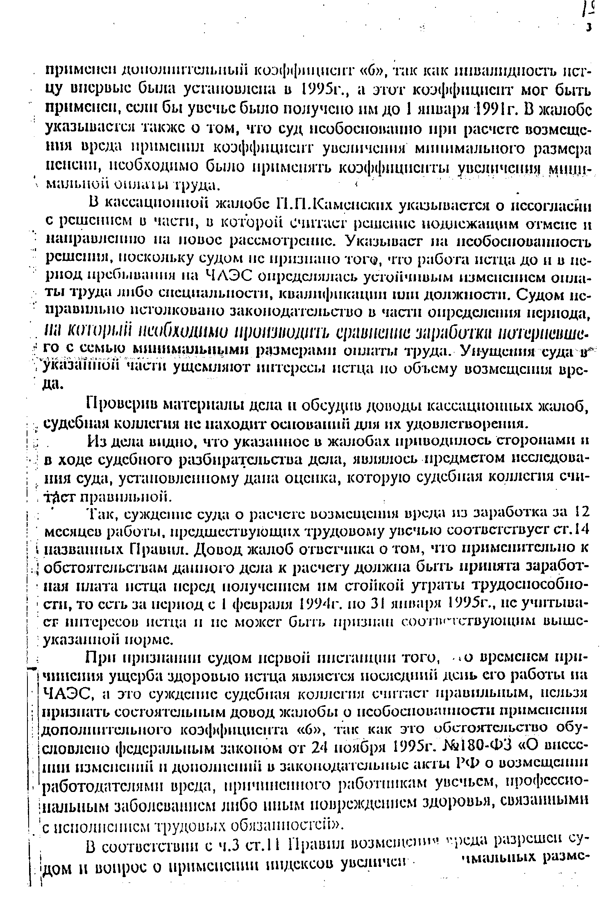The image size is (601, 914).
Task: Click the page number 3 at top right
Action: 589,27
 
